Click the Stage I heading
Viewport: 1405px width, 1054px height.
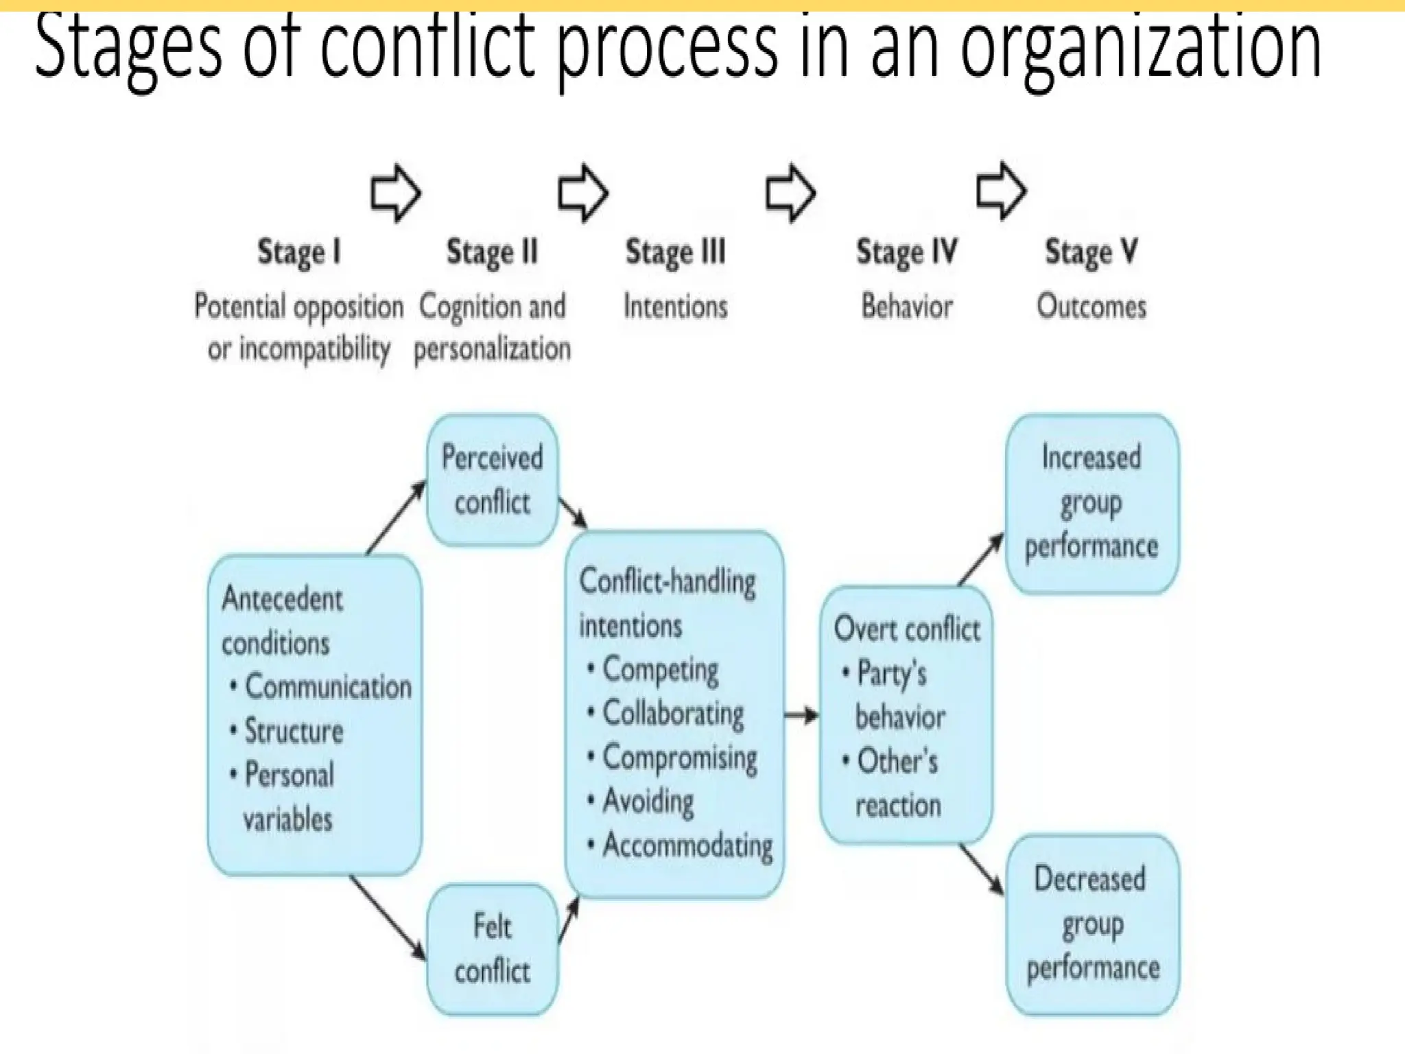pos(298,252)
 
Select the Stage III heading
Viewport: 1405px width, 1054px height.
pos(675,252)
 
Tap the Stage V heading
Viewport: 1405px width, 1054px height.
pos(1091,252)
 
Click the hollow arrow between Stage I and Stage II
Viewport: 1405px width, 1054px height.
pos(395,193)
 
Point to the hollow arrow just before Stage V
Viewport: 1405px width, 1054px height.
pos(1001,191)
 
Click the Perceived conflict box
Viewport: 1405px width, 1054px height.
pos(492,480)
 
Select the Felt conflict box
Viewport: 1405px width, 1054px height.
pos(492,949)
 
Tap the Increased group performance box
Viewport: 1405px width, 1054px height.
pos(1091,503)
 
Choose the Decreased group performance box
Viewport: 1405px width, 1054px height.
pos(1092,924)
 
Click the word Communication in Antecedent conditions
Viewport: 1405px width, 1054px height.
pos(328,687)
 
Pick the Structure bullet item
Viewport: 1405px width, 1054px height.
pos(294,731)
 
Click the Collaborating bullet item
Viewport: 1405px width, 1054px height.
pos(673,714)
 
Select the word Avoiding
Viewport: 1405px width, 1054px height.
pos(648,801)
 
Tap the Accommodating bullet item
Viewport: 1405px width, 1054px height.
pos(687,845)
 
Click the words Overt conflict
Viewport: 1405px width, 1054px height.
pos(907,629)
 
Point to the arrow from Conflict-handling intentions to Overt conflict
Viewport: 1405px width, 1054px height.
pos(801,716)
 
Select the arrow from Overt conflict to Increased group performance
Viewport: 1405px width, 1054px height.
pos(980,560)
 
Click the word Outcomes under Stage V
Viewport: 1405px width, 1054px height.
pos(1091,307)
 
